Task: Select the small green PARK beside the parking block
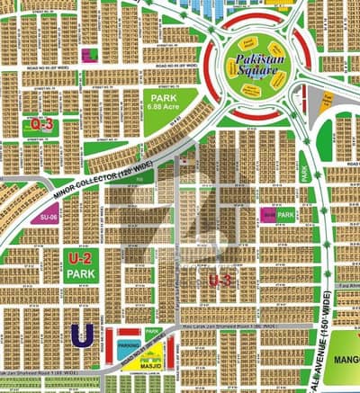coord(152,333)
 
